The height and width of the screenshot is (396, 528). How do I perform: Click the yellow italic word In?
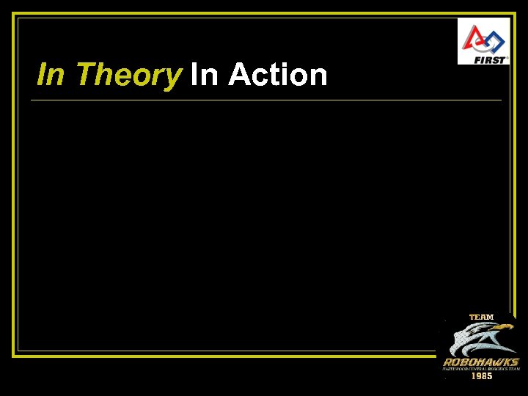50,75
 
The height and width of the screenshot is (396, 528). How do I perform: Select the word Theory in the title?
128,75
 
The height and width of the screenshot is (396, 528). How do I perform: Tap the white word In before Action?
203,75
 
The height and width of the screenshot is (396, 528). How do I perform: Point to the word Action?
278,75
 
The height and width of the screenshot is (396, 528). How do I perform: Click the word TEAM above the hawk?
481,317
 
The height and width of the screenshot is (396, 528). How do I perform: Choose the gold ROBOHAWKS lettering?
481,362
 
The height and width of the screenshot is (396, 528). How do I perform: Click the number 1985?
481,376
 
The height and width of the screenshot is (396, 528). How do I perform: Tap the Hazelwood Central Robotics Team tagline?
481,369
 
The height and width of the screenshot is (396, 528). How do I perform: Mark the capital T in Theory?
84,75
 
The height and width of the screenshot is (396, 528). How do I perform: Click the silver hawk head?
477,339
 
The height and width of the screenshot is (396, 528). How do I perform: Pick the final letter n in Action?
318,76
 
